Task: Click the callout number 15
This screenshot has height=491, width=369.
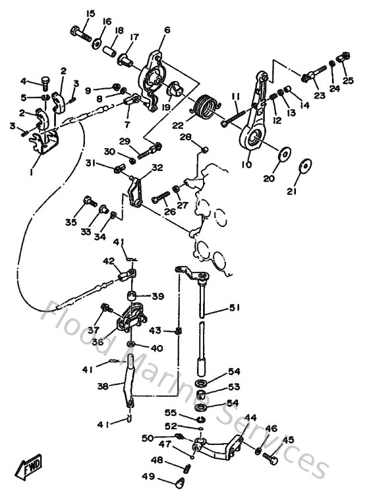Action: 90,13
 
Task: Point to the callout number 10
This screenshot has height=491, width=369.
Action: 246,165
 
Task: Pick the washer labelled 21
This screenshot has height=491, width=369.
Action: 305,165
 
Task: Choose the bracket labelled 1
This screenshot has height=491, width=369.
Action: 47,144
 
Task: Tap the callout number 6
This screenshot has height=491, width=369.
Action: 167,30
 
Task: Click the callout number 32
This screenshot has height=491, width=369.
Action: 157,168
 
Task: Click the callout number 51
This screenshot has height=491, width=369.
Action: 236,307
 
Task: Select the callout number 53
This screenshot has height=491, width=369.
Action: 235,386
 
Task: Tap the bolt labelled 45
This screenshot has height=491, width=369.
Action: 267,455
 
